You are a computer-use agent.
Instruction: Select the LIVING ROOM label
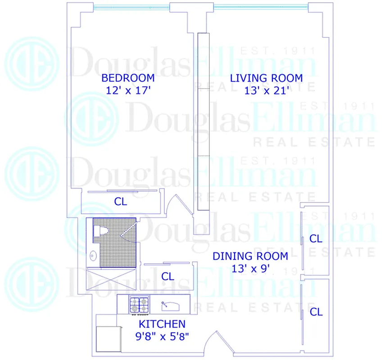(266, 77)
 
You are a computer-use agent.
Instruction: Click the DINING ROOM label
(250, 256)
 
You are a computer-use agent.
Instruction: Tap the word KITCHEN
(162, 324)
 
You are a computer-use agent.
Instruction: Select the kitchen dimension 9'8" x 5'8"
(162, 336)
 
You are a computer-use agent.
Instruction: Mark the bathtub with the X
(111, 279)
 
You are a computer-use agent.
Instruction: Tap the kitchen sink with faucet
(170, 306)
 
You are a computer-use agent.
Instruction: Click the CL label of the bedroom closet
(121, 202)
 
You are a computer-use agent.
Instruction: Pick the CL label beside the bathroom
(168, 276)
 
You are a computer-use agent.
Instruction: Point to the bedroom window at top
(132, 6)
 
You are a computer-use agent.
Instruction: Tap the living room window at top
(261, 6)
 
